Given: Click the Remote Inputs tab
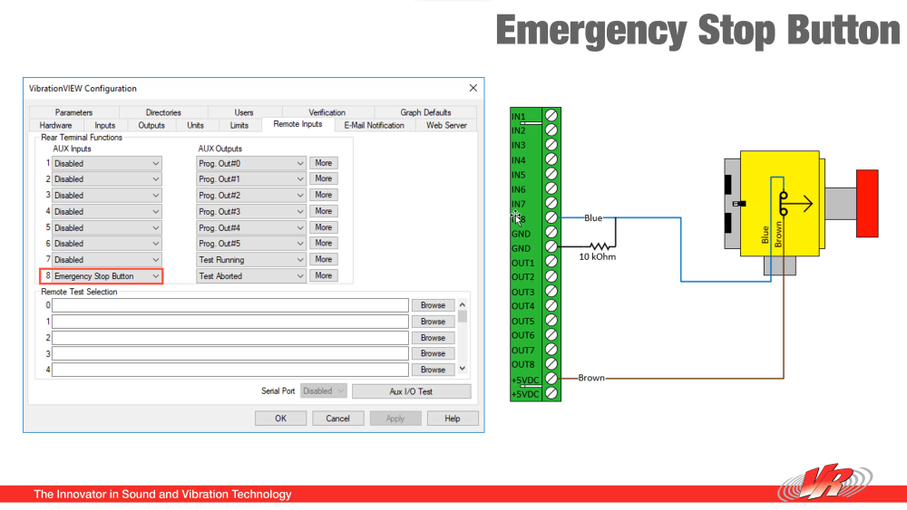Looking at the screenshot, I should click(x=297, y=124).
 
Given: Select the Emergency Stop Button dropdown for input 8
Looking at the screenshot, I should click(x=107, y=276).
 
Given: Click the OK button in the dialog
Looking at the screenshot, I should click(x=280, y=419).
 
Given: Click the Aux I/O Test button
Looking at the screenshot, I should click(x=411, y=391).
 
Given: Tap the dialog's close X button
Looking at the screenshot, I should click(x=473, y=88).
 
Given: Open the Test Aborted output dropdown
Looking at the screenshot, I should click(x=251, y=276).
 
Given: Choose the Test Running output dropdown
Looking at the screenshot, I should click(x=251, y=260).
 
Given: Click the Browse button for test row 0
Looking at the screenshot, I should click(x=433, y=305).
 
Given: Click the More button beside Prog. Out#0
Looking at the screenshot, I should click(x=323, y=163).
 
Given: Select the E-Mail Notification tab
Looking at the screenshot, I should click(x=374, y=125).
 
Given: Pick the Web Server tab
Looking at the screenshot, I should click(x=446, y=125).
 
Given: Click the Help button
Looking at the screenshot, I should click(x=451, y=419).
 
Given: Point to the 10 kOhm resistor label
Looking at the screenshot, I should click(x=598, y=256).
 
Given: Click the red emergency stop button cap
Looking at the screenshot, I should click(x=867, y=204).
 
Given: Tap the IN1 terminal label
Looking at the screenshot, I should click(x=519, y=117).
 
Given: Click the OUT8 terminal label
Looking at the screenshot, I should click(x=523, y=364).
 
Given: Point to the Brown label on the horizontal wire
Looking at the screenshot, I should click(x=591, y=378).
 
